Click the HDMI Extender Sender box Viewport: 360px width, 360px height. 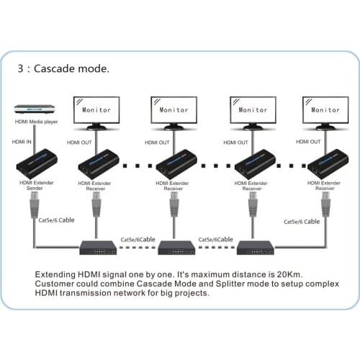(x=33, y=166)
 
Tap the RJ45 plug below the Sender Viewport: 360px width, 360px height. (x=34, y=209)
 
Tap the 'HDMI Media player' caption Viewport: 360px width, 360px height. (x=36, y=123)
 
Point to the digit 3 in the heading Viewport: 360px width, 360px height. (x=22, y=70)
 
